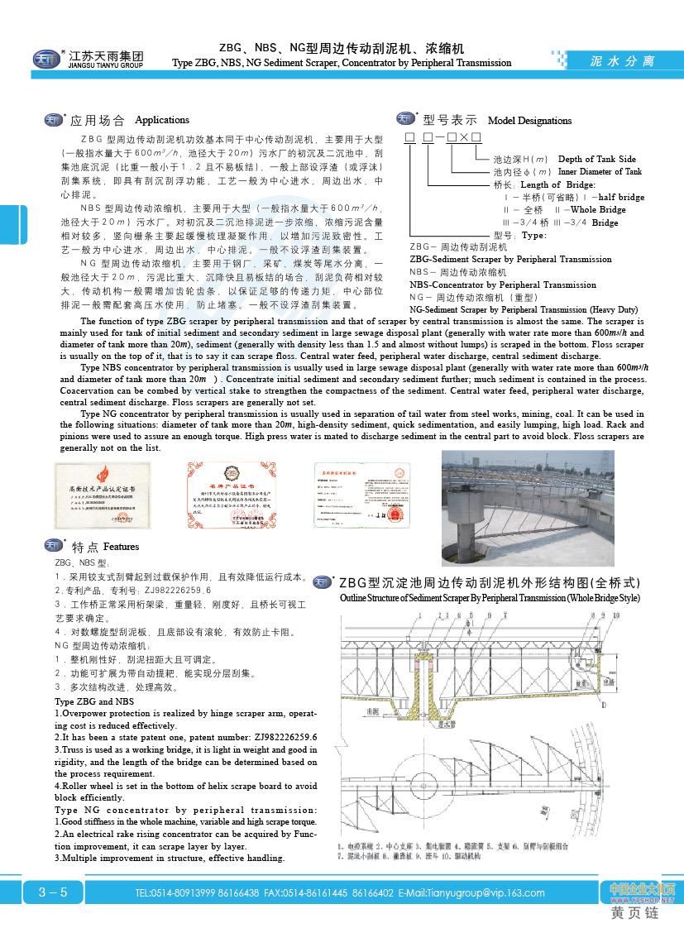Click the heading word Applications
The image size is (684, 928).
162,120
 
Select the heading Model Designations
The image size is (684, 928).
529,121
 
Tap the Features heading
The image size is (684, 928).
121,547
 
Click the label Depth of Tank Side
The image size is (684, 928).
596,159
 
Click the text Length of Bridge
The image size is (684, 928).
557,184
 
